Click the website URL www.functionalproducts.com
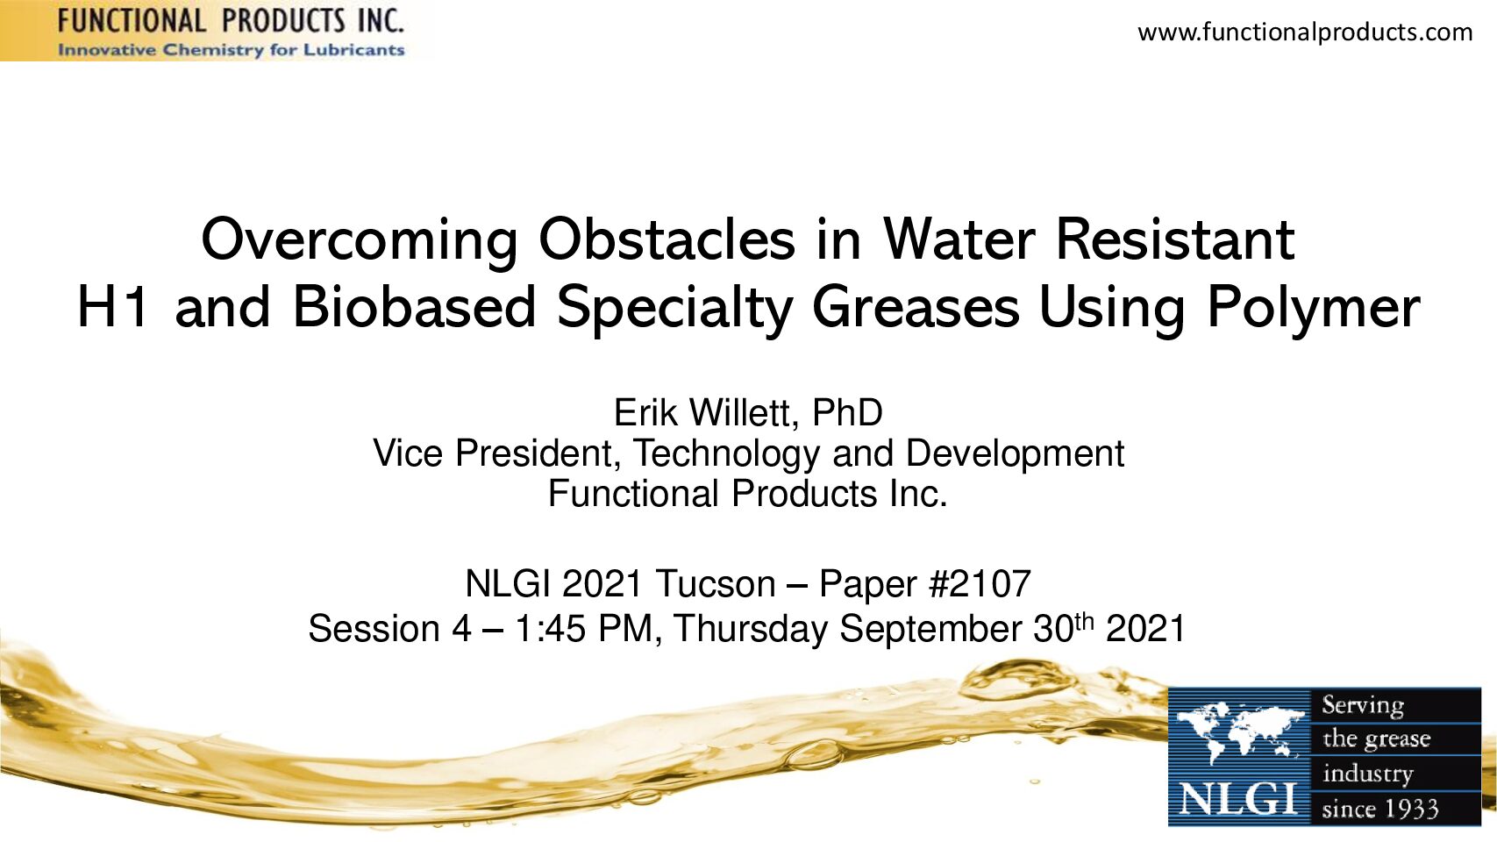[x=1305, y=32]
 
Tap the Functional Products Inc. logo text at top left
[x=231, y=21]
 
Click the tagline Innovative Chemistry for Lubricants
[x=231, y=50]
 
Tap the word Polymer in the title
[x=1313, y=310]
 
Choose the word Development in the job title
[x=1015, y=454]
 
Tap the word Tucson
[x=715, y=583]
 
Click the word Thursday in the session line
[x=751, y=630]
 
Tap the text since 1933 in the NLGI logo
[x=1380, y=810]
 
